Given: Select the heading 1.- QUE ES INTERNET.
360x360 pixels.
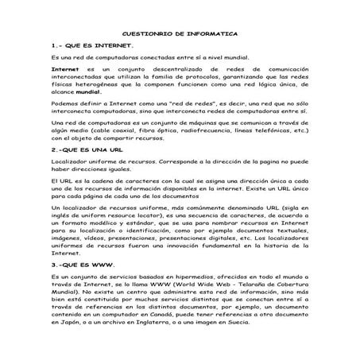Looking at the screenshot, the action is [83, 46].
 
